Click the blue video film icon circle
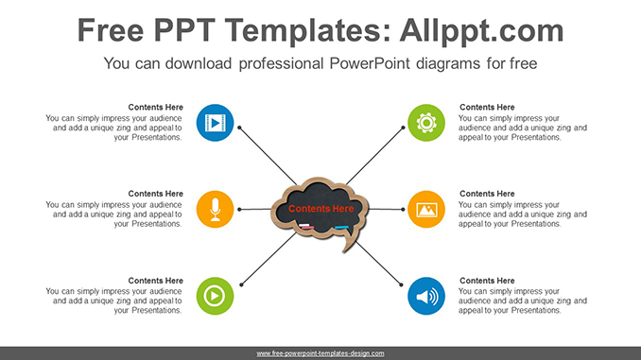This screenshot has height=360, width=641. pyautogui.click(x=216, y=122)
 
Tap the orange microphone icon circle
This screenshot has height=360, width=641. pyautogui.click(x=216, y=209)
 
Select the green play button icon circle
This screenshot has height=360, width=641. pyautogui.click(x=216, y=296)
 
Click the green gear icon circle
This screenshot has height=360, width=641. pyautogui.click(x=426, y=122)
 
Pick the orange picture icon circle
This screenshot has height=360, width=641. pyautogui.click(x=426, y=209)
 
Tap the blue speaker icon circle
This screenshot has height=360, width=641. pyautogui.click(x=426, y=296)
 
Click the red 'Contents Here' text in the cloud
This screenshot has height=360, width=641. pyautogui.click(x=320, y=208)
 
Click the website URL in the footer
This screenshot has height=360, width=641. pyautogui.click(x=320, y=353)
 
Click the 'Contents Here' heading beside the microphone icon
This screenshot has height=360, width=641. pyautogui.click(x=155, y=194)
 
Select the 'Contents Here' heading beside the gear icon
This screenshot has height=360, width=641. pyautogui.click(x=487, y=107)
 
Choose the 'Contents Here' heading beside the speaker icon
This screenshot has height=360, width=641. pyautogui.click(x=487, y=281)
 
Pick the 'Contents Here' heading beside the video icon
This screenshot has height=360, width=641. pyautogui.click(x=155, y=107)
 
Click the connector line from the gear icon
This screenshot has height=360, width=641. pyautogui.click(x=378, y=155)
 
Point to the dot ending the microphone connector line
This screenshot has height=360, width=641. pyautogui.click(x=240, y=209)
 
